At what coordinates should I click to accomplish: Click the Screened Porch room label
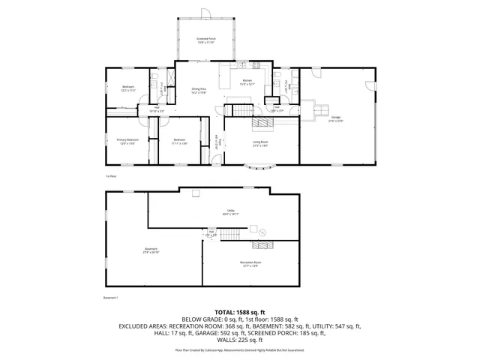[206, 40]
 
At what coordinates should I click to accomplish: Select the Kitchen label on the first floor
[247, 82]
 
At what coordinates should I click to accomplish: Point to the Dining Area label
[199, 91]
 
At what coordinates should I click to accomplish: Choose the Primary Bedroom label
[127, 141]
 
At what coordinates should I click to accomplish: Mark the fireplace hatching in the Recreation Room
[263, 244]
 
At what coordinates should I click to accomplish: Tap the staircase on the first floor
[239, 112]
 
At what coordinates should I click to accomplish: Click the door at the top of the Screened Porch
[206, 10]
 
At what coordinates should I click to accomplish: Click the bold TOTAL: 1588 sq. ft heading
[239, 311]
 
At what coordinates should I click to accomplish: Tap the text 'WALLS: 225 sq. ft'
[239, 340]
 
